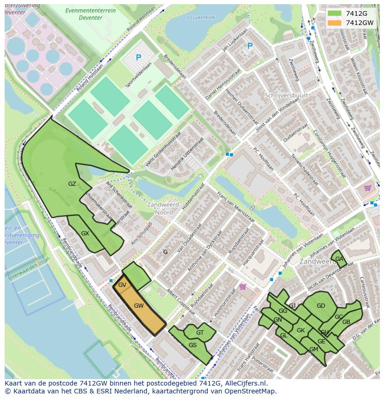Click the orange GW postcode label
pos(138,306)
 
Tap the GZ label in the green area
pos(72,184)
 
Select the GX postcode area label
pos(85,233)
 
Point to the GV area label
pos(122,285)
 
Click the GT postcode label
pos(200,332)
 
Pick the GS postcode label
pos(192,345)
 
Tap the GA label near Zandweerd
pos(339,259)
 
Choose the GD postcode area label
pos(320,306)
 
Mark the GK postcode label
pos(301,330)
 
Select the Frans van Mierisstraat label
pos(236,207)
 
